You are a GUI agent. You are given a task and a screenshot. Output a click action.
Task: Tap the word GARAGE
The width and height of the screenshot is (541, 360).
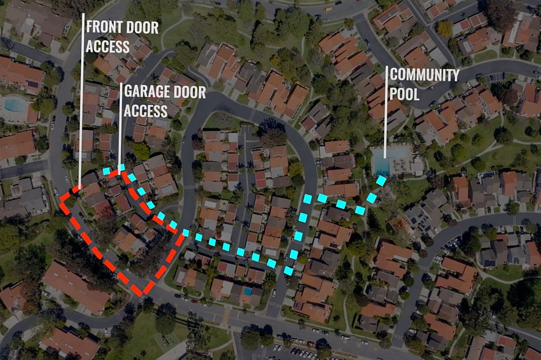[144, 92]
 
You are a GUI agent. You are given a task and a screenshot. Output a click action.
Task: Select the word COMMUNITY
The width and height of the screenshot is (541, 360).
[424, 75]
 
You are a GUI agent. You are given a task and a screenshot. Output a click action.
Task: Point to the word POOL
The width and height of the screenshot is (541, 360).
[405, 94]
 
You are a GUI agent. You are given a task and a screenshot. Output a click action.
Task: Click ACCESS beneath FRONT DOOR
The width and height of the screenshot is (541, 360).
[108, 46]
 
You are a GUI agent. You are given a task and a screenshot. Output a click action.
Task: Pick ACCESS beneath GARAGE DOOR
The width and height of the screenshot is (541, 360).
[145, 111]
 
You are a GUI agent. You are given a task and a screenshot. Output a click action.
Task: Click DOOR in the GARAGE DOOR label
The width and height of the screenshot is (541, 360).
[186, 92]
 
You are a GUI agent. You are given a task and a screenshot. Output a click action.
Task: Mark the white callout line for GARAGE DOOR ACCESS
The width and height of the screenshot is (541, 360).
[120, 128]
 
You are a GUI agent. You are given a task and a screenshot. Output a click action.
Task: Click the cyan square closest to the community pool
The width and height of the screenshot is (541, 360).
[381, 180]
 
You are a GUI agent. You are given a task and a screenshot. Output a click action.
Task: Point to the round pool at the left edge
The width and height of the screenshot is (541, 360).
[15, 105]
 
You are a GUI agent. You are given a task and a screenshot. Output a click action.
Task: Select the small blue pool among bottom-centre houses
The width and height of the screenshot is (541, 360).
[248, 291]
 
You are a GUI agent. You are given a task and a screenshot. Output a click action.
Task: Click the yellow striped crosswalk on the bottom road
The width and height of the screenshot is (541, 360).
[226, 315]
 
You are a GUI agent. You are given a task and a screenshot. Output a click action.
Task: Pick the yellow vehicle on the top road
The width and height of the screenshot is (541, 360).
[328, 9]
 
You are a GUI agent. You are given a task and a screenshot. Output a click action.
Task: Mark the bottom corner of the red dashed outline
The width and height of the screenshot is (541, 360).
[141, 293]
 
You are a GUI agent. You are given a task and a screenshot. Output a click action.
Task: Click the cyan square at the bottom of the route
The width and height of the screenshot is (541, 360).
[289, 270]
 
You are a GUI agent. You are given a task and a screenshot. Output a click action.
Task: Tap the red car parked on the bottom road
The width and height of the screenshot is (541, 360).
[311, 343]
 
